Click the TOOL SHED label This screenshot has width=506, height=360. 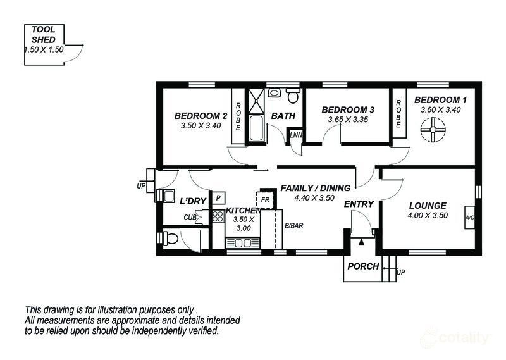click(44, 35)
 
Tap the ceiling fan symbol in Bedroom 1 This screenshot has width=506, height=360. click(433, 130)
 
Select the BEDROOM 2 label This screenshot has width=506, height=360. click(201, 116)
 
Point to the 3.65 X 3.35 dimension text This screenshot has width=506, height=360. click(348, 120)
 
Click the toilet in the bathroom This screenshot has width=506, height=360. click(293, 96)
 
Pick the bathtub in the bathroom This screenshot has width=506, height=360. click(256, 128)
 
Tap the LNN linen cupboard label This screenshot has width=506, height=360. click(295, 135)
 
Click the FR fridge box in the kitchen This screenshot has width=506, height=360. click(265, 200)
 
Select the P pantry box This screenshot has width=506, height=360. click(218, 198)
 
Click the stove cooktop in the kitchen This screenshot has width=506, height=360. click(218, 216)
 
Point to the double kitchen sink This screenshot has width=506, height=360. click(243, 243)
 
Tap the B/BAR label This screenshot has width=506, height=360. click(294, 226)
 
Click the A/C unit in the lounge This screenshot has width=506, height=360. click(469, 217)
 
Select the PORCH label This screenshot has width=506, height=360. click(363, 266)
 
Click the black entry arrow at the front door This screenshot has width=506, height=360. click(361, 242)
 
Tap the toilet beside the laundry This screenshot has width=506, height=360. click(170, 239)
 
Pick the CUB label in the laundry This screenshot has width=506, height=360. click(190, 217)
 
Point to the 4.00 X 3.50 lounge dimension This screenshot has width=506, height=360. click(428, 215)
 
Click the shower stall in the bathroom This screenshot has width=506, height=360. click(256, 101)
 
